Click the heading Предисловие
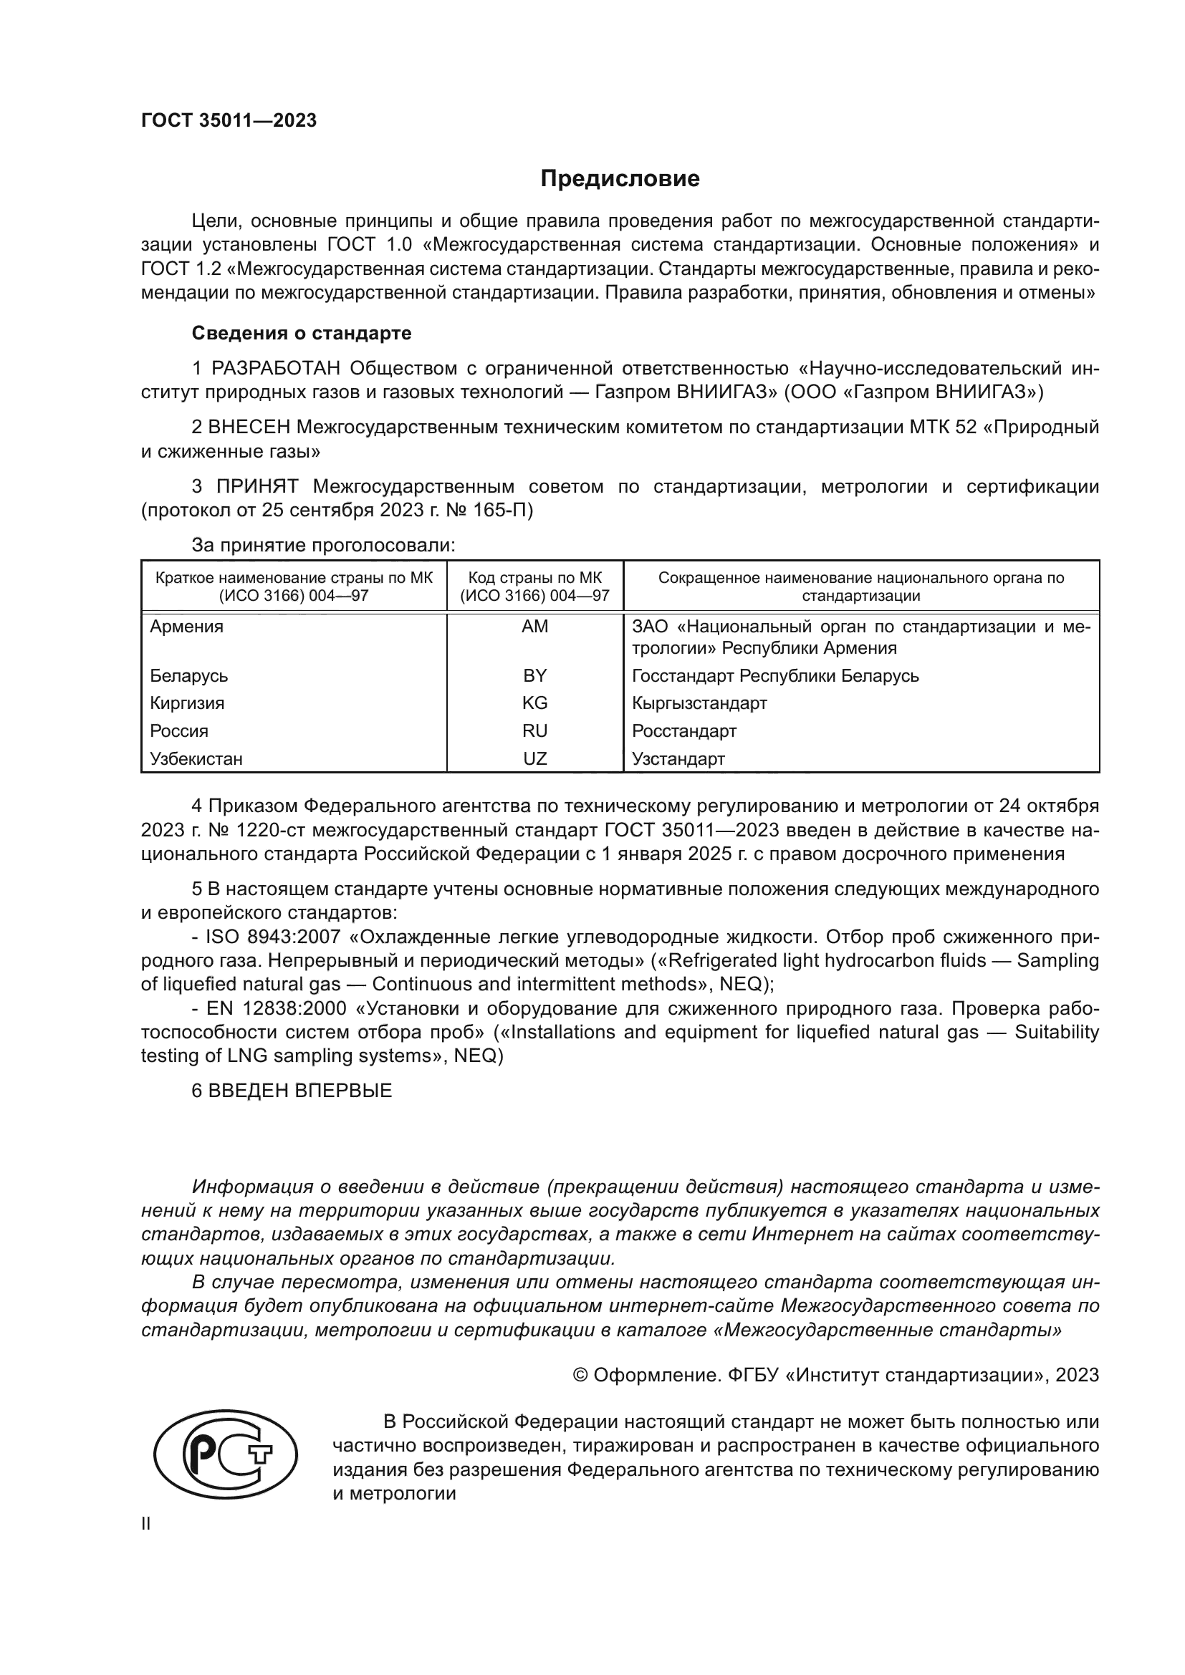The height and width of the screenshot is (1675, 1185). [x=620, y=179]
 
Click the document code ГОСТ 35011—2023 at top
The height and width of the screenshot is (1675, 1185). [x=229, y=121]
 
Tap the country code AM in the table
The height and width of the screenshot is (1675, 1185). [x=535, y=627]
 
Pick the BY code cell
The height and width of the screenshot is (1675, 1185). [x=535, y=675]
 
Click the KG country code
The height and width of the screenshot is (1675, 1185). [x=535, y=703]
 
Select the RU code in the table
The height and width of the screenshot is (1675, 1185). [x=535, y=731]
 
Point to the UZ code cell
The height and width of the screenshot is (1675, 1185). [x=535, y=758]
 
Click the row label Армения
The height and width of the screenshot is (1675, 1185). [x=187, y=627]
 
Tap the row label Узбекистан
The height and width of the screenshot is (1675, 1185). [x=196, y=758]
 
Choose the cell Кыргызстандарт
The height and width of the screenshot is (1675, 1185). [x=699, y=703]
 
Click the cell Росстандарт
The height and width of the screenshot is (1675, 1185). [x=683, y=731]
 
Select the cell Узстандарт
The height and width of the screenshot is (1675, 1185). [x=678, y=758]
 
